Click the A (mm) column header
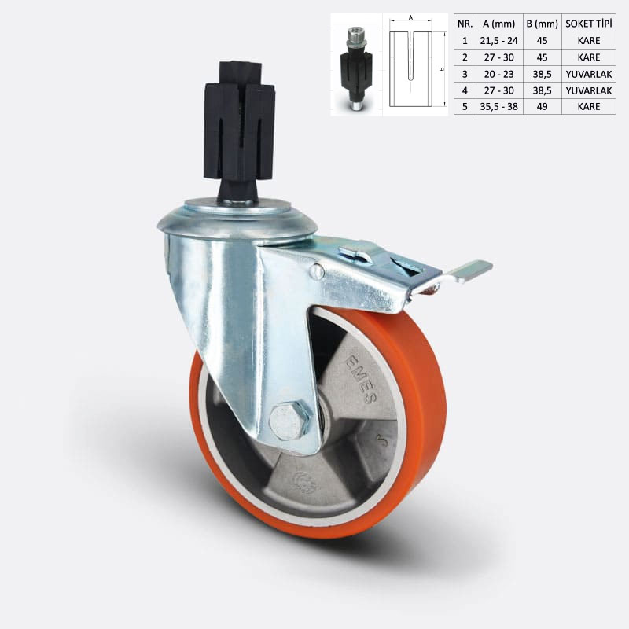coord(499,24)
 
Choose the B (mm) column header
coord(541,24)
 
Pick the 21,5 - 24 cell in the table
coord(499,41)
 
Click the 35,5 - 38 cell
coord(499,106)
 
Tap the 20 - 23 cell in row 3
coord(499,73)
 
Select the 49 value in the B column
coord(541,106)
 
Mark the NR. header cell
coord(465,24)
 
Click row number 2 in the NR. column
coord(465,57)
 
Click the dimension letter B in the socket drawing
coord(441,69)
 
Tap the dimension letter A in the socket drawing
coord(411,17)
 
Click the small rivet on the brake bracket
coord(316,272)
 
